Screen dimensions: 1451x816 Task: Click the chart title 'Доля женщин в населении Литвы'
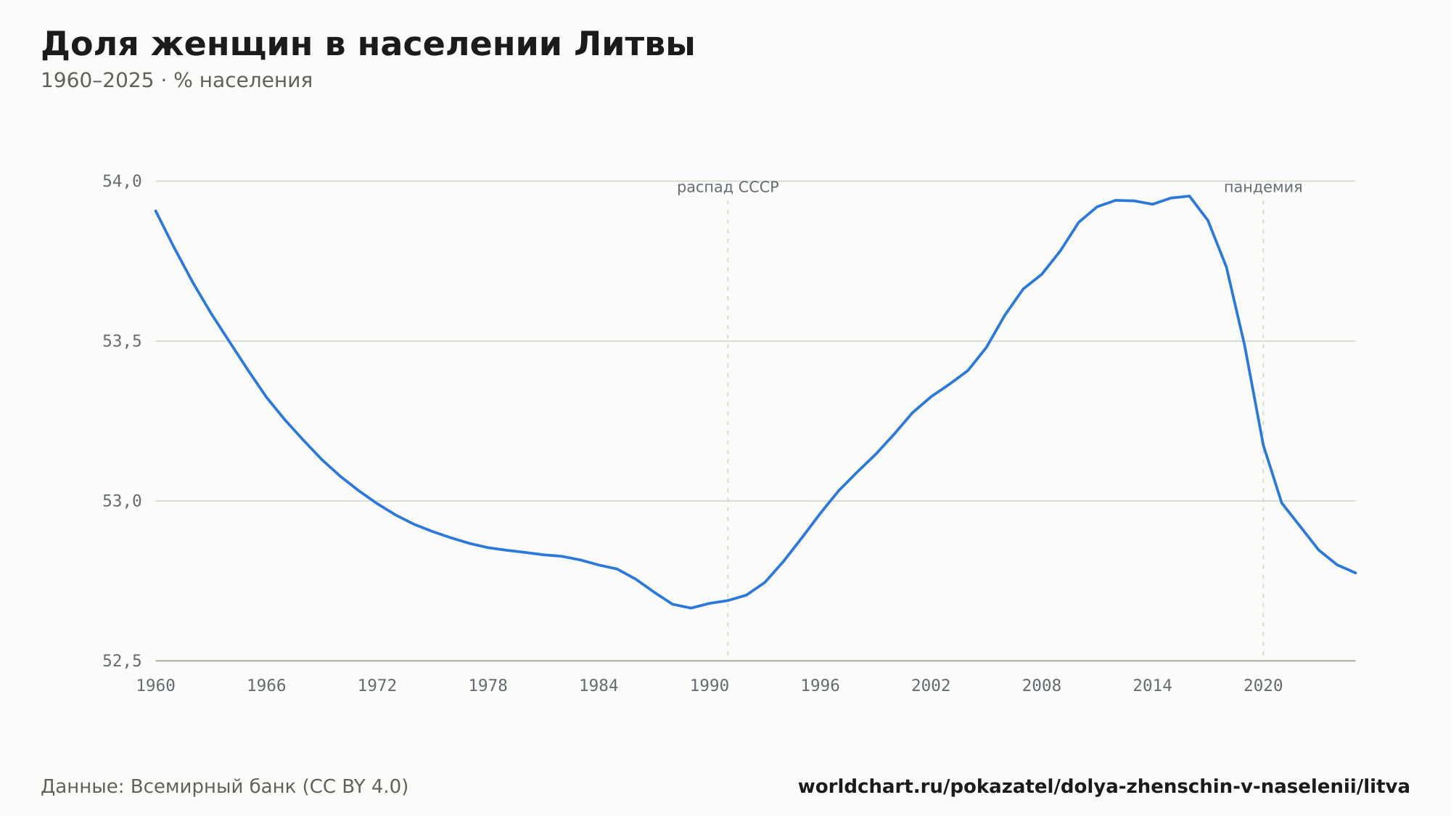[368, 45]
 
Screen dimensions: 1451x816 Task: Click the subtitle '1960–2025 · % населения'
[176, 81]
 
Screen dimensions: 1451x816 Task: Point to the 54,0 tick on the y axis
[122, 181]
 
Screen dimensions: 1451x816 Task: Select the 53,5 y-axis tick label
[122, 341]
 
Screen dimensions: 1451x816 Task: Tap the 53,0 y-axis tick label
[122, 501]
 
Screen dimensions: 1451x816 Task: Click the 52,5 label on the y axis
[122, 661]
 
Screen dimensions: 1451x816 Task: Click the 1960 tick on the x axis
[156, 686]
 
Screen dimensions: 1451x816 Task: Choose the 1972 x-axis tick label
[377, 686]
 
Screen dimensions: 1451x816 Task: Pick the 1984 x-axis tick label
[599, 686]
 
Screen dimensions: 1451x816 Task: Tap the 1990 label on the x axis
[710, 686]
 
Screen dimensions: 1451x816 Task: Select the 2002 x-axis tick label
[931, 686]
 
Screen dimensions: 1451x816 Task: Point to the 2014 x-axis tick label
[1152, 686]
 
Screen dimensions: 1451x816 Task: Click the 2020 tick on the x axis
[1263, 686]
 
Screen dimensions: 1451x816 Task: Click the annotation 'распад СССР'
[728, 188]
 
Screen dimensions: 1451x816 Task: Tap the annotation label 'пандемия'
[1263, 187]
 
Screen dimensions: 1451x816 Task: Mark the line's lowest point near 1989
[691, 608]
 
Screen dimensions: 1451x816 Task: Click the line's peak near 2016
[1189, 196]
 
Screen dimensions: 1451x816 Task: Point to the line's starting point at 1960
[156, 211]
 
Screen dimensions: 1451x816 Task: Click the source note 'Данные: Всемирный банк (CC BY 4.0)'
[225, 787]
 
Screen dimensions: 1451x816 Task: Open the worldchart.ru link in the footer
[1104, 787]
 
